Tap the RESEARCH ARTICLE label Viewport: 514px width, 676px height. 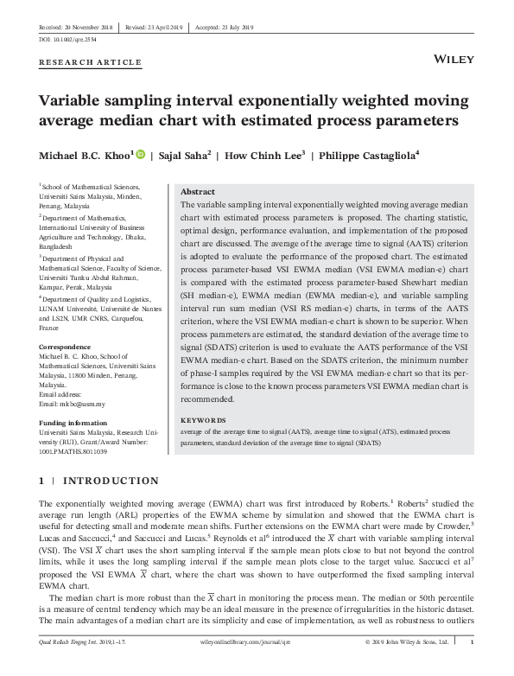(90, 62)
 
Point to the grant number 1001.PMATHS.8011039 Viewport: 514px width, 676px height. (73, 452)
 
